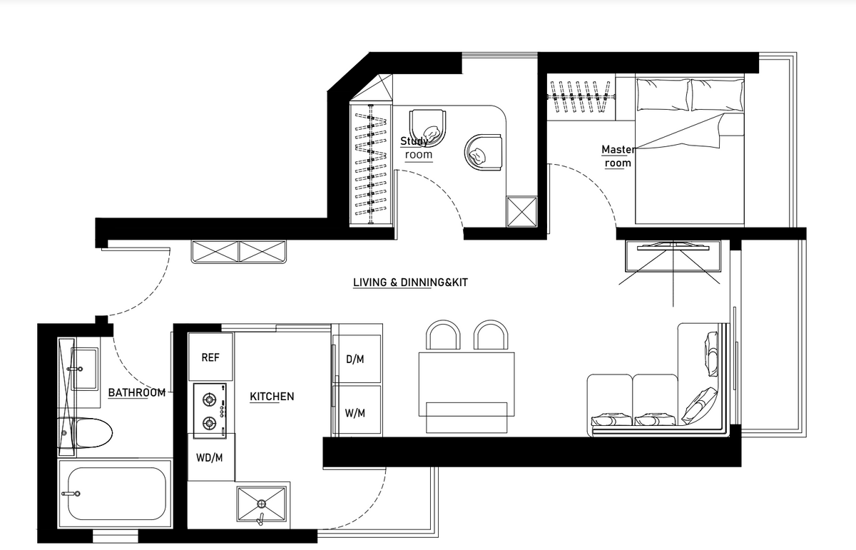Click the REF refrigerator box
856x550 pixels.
point(210,357)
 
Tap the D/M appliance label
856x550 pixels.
point(355,360)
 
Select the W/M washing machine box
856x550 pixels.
point(357,409)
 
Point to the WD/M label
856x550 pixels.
point(210,457)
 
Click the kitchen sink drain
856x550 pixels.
point(261,504)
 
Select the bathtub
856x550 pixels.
point(115,494)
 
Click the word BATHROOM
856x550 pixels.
point(137,392)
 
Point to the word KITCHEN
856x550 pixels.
point(272,397)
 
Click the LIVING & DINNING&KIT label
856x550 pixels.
point(410,282)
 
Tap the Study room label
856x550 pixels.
point(417,148)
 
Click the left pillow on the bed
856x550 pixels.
point(663,95)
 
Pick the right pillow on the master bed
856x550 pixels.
point(718,95)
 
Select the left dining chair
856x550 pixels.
point(443,335)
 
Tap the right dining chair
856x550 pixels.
point(491,335)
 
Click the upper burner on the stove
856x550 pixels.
point(209,399)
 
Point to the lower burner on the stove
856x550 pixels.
point(209,423)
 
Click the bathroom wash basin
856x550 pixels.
point(85,369)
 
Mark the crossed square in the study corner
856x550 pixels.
point(521,212)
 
